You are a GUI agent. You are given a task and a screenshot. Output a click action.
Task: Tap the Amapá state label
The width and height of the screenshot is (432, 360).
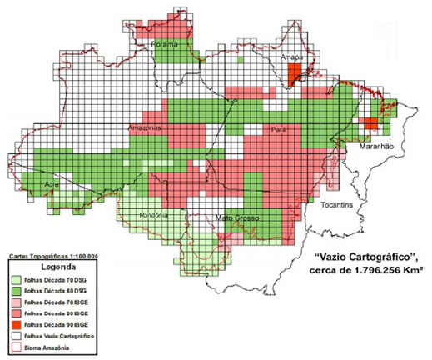click(x=292, y=57)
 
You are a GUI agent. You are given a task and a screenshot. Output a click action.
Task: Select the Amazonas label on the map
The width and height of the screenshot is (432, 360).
click(x=145, y=129)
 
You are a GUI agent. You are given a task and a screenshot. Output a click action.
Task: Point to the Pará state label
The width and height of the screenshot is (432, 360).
click(x=279, y=131)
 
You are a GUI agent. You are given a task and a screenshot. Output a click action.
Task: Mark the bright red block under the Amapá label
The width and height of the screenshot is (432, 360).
click(x=292, y=73)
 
